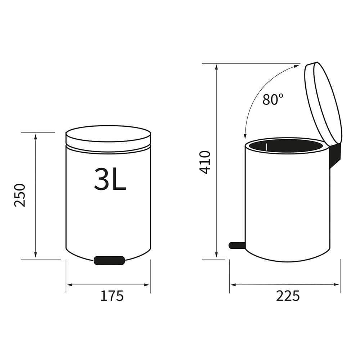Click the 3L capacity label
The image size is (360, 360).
110,179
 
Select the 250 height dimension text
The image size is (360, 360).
20,195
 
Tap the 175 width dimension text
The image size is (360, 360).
112,296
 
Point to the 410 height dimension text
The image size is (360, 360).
205,162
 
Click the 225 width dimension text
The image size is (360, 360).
288,296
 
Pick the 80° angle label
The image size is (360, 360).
273,99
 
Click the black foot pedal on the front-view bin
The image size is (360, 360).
109,260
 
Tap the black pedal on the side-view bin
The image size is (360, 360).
237,245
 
